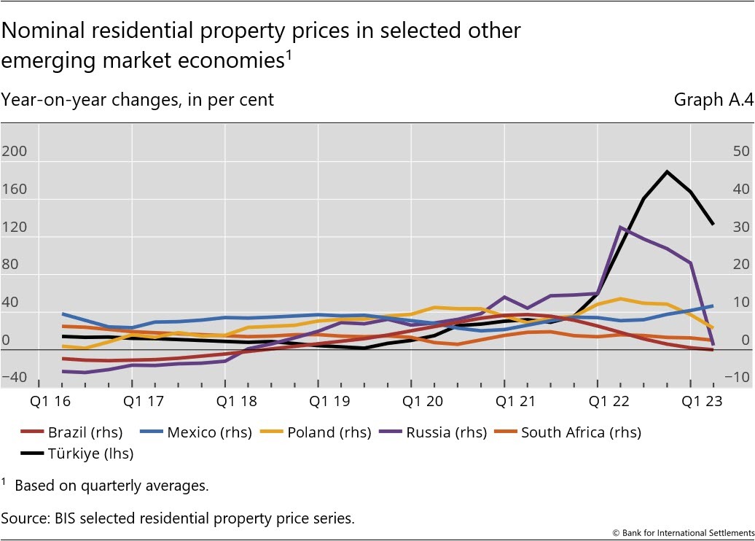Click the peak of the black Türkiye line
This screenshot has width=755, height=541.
coord(666,171)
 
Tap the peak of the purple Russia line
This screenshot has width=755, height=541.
coord(619,227)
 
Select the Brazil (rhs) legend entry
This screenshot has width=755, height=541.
coord(72,432)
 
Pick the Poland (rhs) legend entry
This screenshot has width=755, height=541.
coord(332,432)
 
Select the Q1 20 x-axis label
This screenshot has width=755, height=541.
coord(411,401)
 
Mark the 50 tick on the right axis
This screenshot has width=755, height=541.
coord(741,152)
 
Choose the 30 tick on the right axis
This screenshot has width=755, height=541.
coord(741,227)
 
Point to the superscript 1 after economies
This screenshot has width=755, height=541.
coord(288,54)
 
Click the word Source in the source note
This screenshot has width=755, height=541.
coord(23,518)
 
